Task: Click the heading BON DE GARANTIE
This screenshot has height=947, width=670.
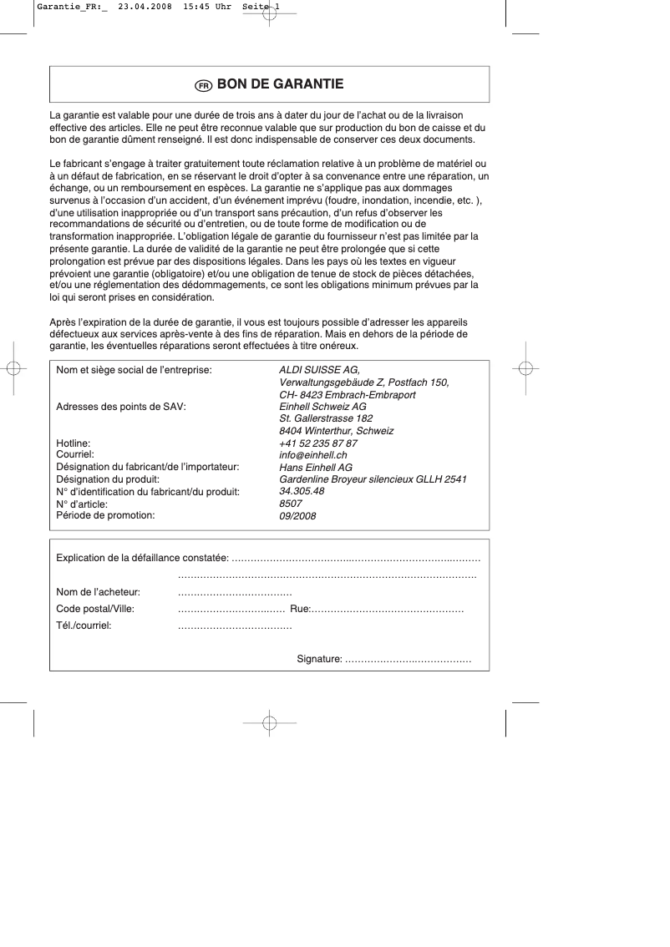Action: (x=280, y=84)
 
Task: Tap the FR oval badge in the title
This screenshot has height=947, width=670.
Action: (x=203, y=85)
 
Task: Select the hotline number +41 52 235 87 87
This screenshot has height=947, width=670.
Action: (x=317, y=443)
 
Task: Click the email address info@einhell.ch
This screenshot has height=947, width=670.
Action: (x=312, y=455)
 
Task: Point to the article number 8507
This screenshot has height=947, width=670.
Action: (x=290, y=504)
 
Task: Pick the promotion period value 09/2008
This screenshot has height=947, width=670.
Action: (x=297, y=516)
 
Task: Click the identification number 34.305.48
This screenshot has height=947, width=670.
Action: (x=302, y=492)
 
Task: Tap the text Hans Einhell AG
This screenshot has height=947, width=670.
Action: (x=315, y=468)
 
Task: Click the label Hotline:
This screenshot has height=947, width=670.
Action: (x=73, y=443)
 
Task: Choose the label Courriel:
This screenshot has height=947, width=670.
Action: (x=74, y=455)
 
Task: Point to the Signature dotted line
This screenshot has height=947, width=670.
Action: (x=409, y=661)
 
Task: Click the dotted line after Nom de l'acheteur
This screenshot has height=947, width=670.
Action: (x=235, y=593)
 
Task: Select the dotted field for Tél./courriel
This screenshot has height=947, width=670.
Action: (x=235, y=625)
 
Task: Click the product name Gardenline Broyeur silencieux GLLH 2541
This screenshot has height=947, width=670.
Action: (x=373, y=479)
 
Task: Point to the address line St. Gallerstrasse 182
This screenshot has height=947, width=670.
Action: (x=326, y=418)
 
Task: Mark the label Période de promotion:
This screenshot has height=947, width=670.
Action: (x=105, y=515)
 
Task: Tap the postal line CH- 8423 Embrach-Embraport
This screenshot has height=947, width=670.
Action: (x=347, y=395)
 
